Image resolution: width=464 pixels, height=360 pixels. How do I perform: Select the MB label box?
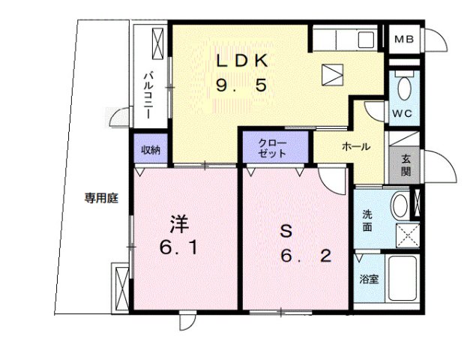coord(405,39)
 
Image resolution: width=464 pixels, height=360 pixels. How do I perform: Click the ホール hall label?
coord(355,147)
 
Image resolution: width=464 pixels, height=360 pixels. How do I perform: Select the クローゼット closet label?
coord(273,148)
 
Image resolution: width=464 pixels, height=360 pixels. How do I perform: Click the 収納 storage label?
coord(151,149)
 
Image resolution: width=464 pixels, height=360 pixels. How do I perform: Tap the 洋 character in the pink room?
coord(178,223)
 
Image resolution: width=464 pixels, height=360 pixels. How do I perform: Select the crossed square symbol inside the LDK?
coord(331,74)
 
